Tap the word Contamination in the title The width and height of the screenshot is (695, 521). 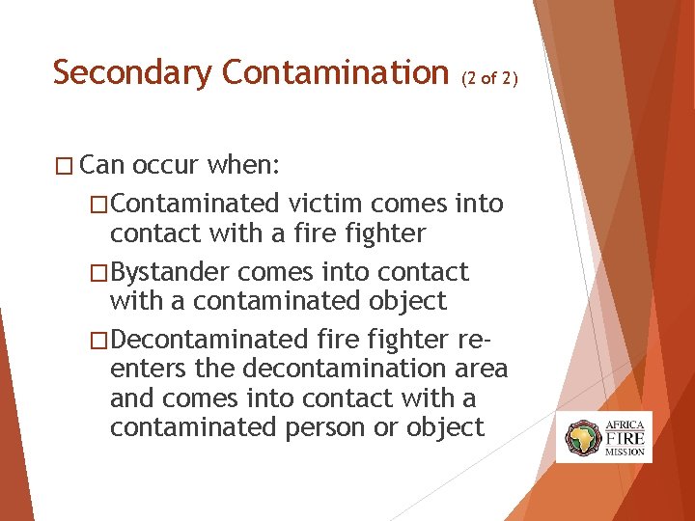point(329,72)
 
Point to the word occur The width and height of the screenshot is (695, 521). point(167,165)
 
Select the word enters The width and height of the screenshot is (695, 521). point(148,369)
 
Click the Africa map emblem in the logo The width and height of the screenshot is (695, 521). point(583,436)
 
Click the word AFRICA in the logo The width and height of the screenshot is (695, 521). point(625,424)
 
